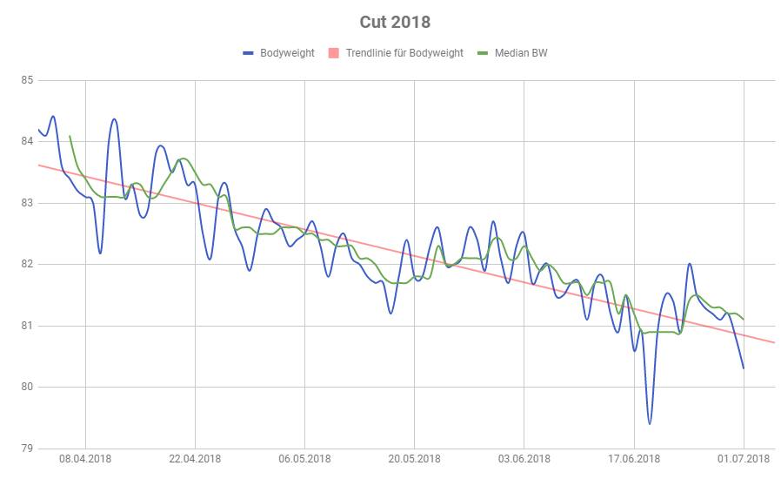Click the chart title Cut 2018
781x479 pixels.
click(394, 21)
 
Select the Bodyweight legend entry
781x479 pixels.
click(287, 53)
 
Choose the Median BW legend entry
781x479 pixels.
click(521, 53)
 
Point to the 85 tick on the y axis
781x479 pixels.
click(26, 81)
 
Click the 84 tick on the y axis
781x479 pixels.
click(26, 142)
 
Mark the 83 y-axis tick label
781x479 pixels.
click(26, 203)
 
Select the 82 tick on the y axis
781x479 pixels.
click(26, 264)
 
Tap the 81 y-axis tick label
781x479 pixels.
click(26, 326)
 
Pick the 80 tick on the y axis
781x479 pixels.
click(26, 387)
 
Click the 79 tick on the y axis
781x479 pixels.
click(26, 448)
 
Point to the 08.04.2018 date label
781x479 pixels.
click(85, 460)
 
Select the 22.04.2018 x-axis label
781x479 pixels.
click(195, 460)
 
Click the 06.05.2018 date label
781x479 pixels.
click(304, 460)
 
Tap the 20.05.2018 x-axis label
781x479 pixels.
click(414, 460)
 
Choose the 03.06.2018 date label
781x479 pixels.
click(524, 460)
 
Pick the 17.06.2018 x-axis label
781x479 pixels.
click(634, 460)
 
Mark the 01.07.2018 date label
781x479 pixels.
click(744, 460)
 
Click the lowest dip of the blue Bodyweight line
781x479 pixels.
click(650, 423)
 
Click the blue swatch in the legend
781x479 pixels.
click(248, 54)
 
